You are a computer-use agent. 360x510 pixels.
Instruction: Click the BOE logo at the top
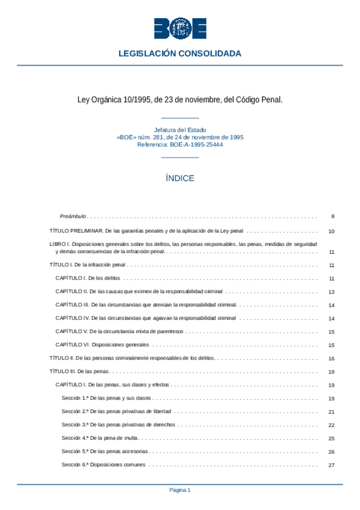click(x=180, y=28)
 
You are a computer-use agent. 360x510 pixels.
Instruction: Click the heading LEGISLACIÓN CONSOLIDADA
click(x=180, y=54)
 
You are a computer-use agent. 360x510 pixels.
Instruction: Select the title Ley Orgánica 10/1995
click(x=180, y=99)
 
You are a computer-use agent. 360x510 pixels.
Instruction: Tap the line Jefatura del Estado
click(x=180, y=130)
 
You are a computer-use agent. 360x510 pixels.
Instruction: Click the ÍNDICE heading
click(x=180, y=179)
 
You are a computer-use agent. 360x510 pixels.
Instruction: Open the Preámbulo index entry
click(x=73, y=216)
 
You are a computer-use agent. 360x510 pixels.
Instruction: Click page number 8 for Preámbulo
click(x=332, y=216)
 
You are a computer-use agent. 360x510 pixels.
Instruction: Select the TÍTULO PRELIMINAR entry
click(x=146, y=231)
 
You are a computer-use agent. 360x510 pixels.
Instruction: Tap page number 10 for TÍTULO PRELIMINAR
click(x=331, y=232)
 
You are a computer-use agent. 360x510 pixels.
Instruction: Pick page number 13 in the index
click(x=331, y=292)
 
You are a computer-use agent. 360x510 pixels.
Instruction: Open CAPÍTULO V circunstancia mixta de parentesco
click(x=120, y=331)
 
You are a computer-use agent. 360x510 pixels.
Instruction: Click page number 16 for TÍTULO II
click(x=331, y=358)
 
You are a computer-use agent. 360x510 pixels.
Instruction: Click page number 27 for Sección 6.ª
click(x=331, y=465)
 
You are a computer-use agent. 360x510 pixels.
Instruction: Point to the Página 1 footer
click(x=180, y=490)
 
